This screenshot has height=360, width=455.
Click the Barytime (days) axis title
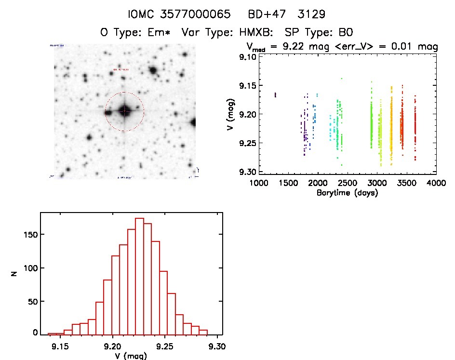[347, 193]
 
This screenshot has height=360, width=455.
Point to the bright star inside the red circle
[124, 111]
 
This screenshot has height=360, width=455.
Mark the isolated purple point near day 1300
[275, 95]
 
